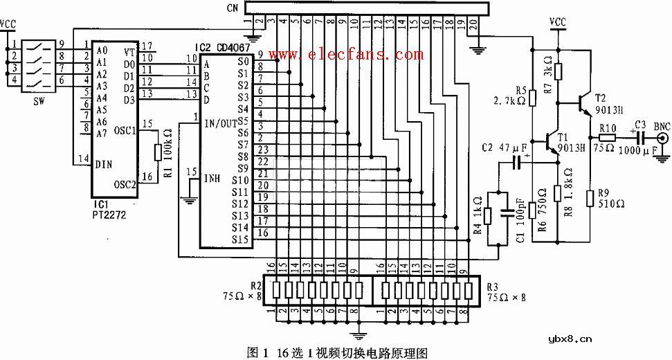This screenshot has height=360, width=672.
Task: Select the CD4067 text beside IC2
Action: pyautogui.click(x=233, y=47)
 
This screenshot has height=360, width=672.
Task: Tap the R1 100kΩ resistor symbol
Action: pyautogui.click(x=158, y=153)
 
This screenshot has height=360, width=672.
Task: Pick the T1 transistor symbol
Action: pyautogui.click(x=554, y=143)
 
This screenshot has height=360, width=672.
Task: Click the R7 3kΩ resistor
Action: pyautogui.click(x=559, y=70)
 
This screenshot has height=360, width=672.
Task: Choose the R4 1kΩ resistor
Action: pyautogui.click(x=489, y=216)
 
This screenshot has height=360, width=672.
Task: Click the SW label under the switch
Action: pyautogui.click(x=30, y=100)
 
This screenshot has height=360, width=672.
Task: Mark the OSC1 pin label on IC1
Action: pyautogui.click(x=125, y=130)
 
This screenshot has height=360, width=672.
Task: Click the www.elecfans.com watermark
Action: pyautogui.click(x=345, y=54)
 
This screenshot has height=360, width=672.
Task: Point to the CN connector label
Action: pyautogui.click(x=233, y=8)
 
